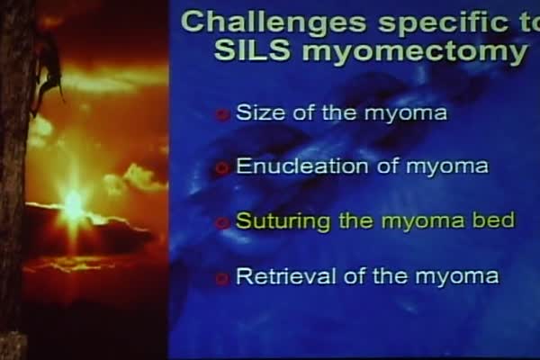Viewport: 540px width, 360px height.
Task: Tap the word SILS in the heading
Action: coord(252,50)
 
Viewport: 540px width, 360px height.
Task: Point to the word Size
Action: coord(261,112)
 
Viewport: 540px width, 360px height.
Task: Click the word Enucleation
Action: coord(302,166)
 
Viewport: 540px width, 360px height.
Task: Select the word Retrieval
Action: coord(286,275)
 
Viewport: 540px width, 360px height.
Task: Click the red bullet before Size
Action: coord(223,114)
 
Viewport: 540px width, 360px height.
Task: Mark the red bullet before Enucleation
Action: coord(223,168)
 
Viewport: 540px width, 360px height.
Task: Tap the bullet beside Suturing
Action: coord(223,222)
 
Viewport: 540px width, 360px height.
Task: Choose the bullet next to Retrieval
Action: coord(223,278)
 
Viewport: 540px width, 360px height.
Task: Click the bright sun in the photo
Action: coord(73,206)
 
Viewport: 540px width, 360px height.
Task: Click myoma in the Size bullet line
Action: coord(405,114)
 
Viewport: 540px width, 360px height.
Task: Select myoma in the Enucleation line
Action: coord(447,167)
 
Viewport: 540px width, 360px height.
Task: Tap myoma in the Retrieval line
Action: coord(456,277)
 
